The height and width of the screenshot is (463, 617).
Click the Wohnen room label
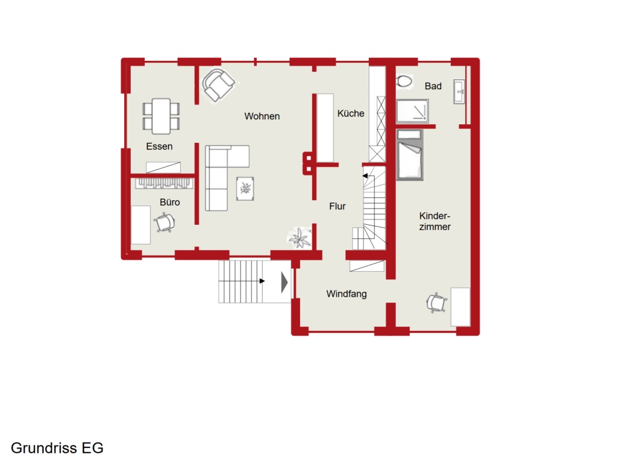tap(262, 116)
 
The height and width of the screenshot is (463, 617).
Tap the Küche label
tap(351, 113)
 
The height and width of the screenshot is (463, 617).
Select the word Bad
tap(433, 86)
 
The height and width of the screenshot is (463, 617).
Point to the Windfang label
tap(346, 294)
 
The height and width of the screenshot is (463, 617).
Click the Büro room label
tap(169, 202)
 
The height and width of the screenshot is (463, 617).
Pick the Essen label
tap(159, 146)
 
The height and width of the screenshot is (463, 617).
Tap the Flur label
tap(337, 206)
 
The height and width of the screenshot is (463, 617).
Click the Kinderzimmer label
tap(435, 221)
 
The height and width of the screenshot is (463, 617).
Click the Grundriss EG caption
tap(57, 448)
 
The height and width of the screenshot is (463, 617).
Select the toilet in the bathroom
tap(404, 81)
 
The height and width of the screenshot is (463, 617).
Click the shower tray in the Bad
tap(412, 111)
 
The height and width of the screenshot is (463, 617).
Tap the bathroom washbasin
tap(459, 92)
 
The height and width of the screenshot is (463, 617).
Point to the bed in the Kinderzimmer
tap(410, 155)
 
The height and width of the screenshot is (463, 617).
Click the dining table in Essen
tap(161, 116)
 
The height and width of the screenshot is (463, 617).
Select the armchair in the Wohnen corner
tap(218, 85)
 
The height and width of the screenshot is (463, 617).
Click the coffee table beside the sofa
tap(245, 189)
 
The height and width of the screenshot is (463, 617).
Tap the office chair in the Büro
tap(165, 223)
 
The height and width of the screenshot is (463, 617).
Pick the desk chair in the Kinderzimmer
tap(436, 303)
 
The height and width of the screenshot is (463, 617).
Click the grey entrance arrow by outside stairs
tap(284, 282)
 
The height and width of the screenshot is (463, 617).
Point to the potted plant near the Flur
tap(300, 238)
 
